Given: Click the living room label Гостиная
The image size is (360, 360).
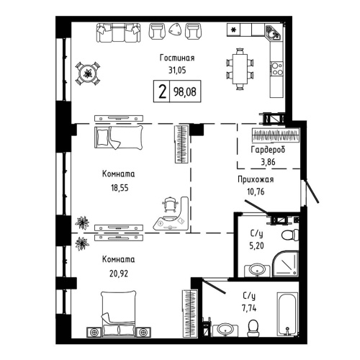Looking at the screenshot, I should [177, 58].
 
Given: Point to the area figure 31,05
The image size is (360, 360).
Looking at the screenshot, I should [177, 70].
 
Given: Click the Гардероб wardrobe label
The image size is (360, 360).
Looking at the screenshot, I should [267, 150].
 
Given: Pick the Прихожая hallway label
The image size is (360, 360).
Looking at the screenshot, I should [256, 180].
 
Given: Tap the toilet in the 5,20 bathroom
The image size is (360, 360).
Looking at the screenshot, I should [287, 234].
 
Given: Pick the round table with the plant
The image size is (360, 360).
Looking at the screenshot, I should [88, 71].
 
